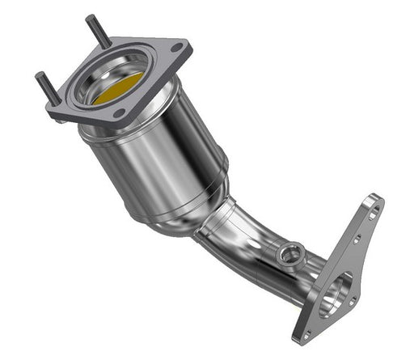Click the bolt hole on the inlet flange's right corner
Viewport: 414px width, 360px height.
pyautogui.click(x=177, y=53)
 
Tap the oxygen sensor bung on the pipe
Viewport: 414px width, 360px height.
pyautogui.click(x=287, y=256)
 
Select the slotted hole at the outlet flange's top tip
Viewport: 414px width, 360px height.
pyautogui.click(x=373, y=213)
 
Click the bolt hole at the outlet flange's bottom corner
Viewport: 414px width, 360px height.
pyautogui.click(x=306, y=332)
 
